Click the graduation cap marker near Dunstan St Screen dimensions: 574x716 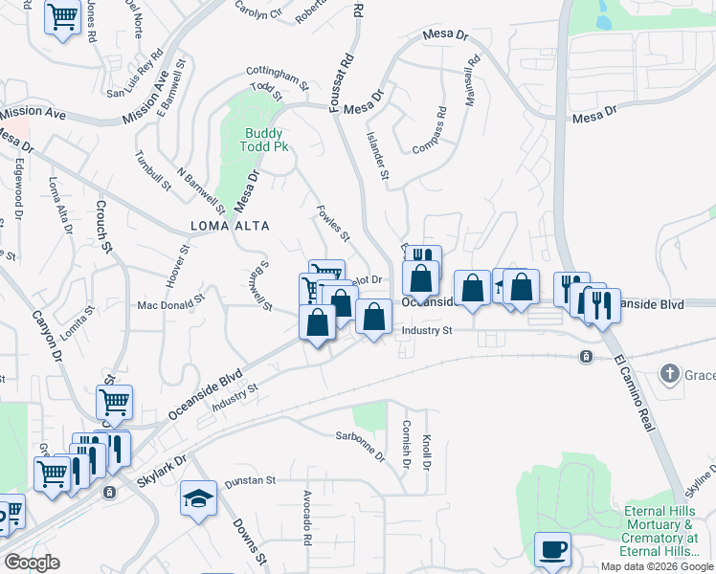pyautogui.click(x=198, y=497)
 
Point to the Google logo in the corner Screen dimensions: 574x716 pyautogui.click(x=32, y=562)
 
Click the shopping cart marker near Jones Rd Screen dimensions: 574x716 pyautogui.click(x=62, y=16)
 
